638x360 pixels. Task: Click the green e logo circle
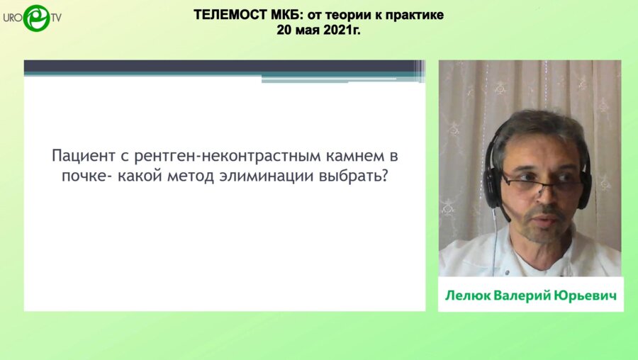coord(36,17)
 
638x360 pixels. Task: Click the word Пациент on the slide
coord(83,155)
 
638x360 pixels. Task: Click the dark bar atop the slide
coord(220,67)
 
